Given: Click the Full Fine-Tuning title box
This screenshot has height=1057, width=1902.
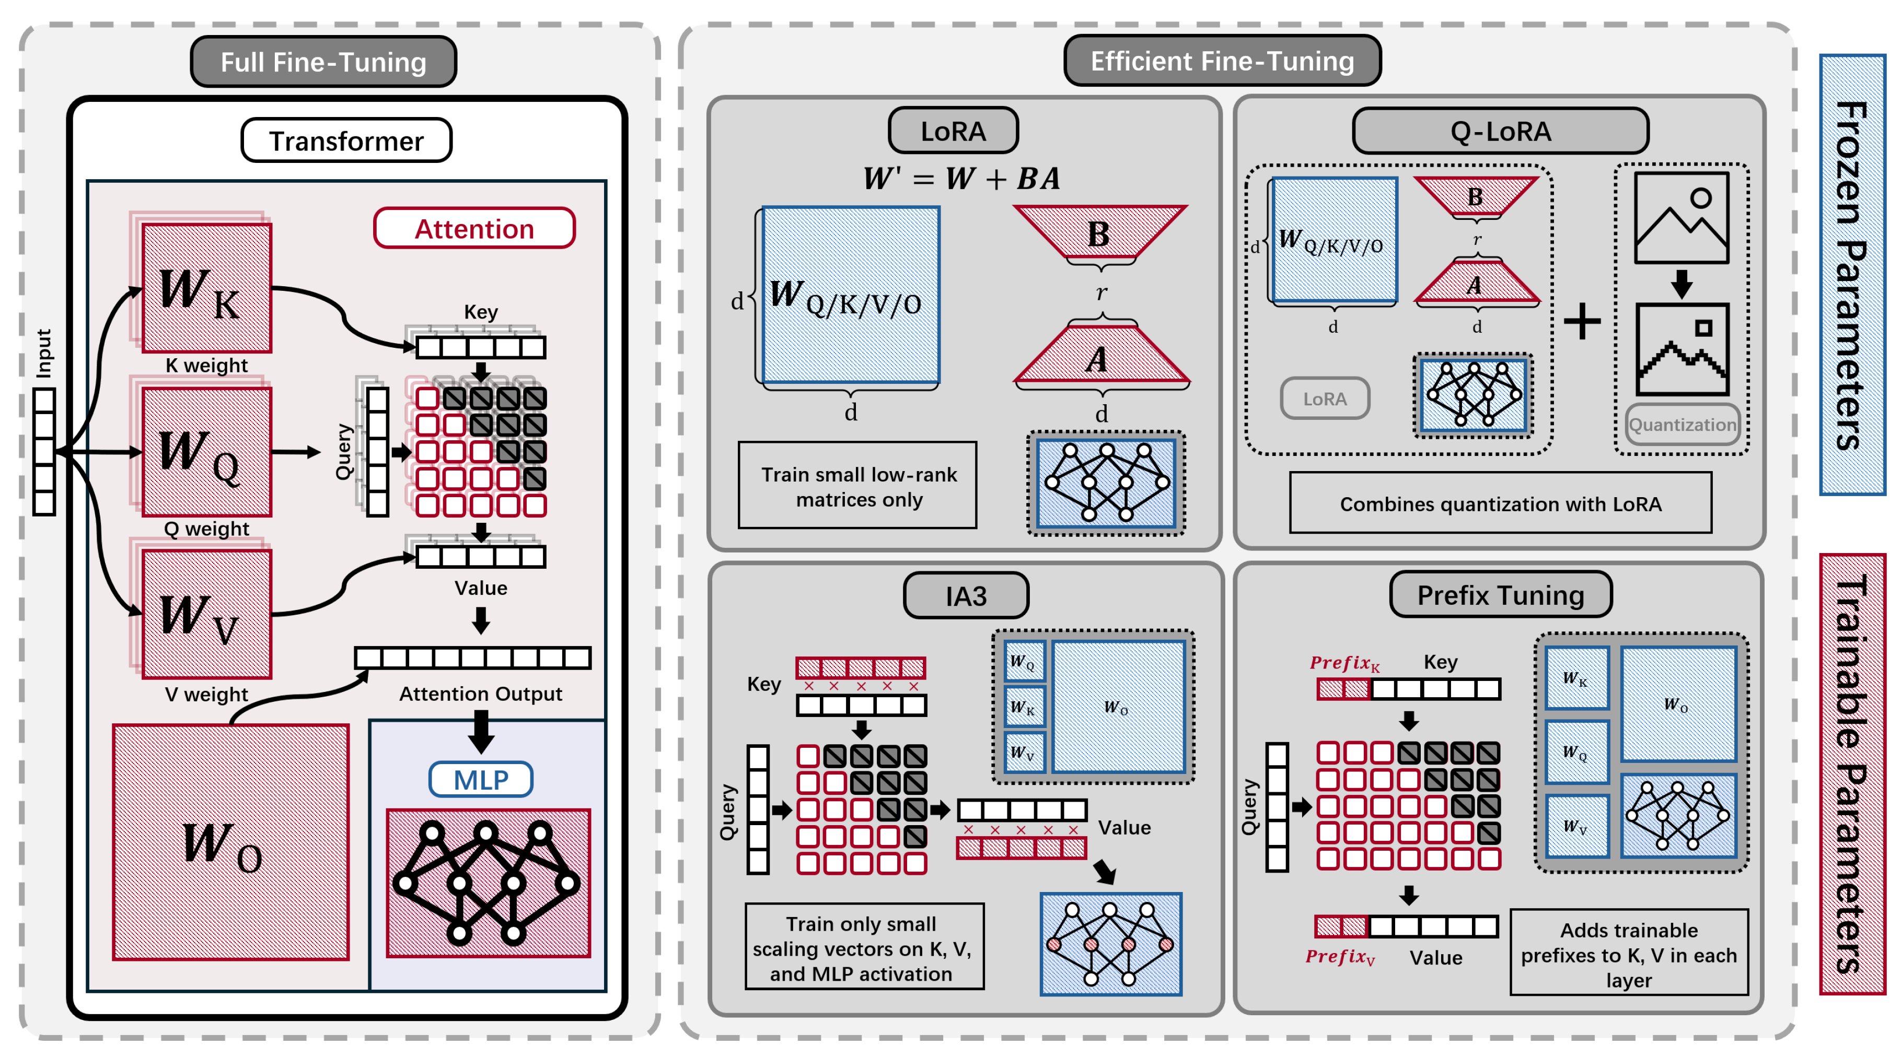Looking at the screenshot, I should (323, 62).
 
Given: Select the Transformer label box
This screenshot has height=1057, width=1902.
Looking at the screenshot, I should (346, 140).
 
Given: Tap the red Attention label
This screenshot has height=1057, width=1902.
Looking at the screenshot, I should (474, 229).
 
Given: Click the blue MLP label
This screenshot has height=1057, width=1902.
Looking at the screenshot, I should (481, 780).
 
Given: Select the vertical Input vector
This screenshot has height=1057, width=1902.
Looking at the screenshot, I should (44, 451).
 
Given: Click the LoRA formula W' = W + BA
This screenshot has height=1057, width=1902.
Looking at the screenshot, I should (961, 178).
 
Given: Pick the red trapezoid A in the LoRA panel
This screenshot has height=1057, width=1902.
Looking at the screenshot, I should (1099, 359).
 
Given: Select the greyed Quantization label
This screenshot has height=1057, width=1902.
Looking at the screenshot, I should (1682, 425).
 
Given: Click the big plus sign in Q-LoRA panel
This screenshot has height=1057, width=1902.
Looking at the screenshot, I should (1582, 321).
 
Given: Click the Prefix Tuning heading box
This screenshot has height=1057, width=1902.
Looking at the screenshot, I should (1500, 595).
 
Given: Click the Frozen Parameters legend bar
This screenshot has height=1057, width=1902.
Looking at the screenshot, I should (1852, 275).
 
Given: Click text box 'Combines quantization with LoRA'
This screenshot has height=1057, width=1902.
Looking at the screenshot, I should (1500, 503).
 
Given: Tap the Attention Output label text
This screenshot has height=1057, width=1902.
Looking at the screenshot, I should (481, 694).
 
